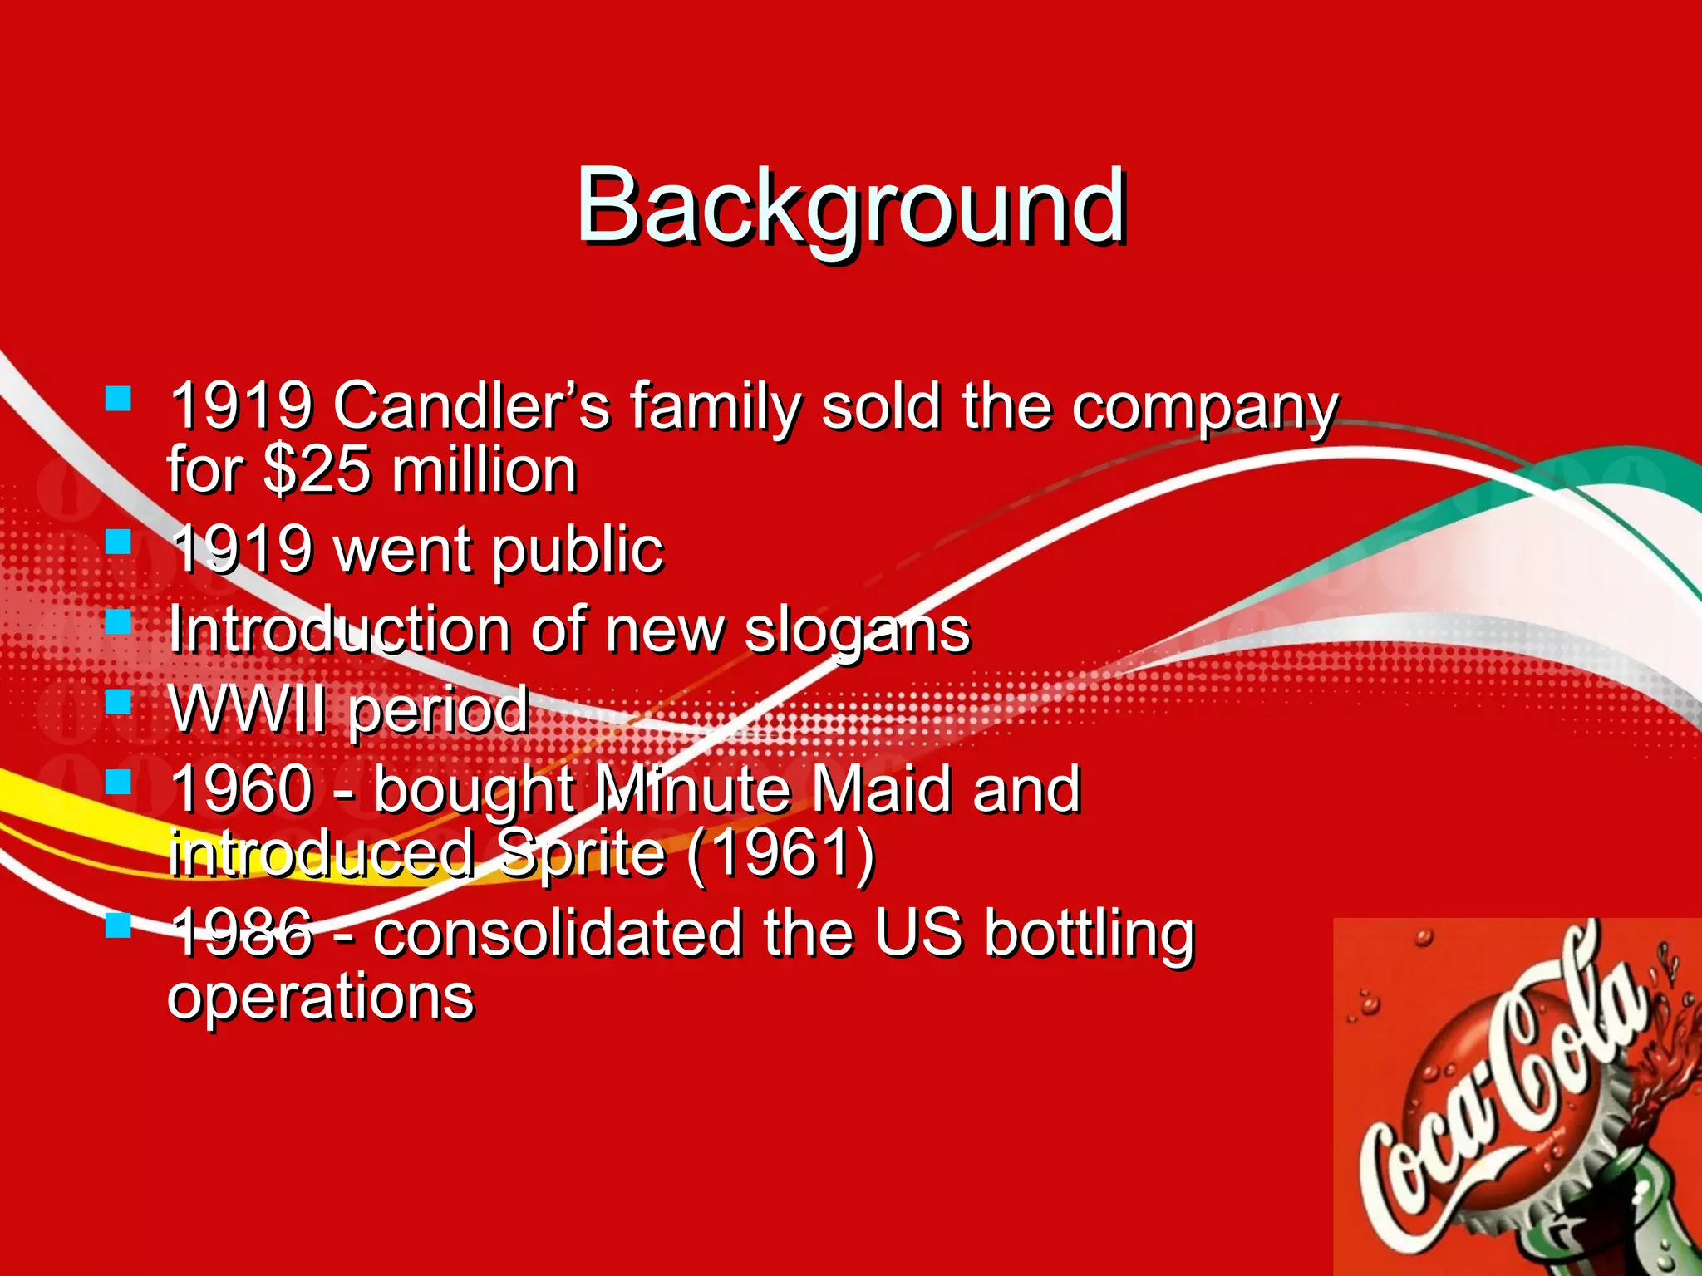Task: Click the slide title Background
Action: (851, 205)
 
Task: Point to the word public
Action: (577, 550)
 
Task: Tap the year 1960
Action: (242, 788)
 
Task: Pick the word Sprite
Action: (582, 853)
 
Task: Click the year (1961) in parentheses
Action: (780, 853)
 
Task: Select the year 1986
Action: (242, 932)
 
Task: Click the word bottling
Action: (1089, 932)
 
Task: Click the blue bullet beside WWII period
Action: (119, 702)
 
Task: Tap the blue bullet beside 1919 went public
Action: (119, 542)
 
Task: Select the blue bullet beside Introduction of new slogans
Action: (119, 621)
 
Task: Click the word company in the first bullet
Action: (1204, 406)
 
